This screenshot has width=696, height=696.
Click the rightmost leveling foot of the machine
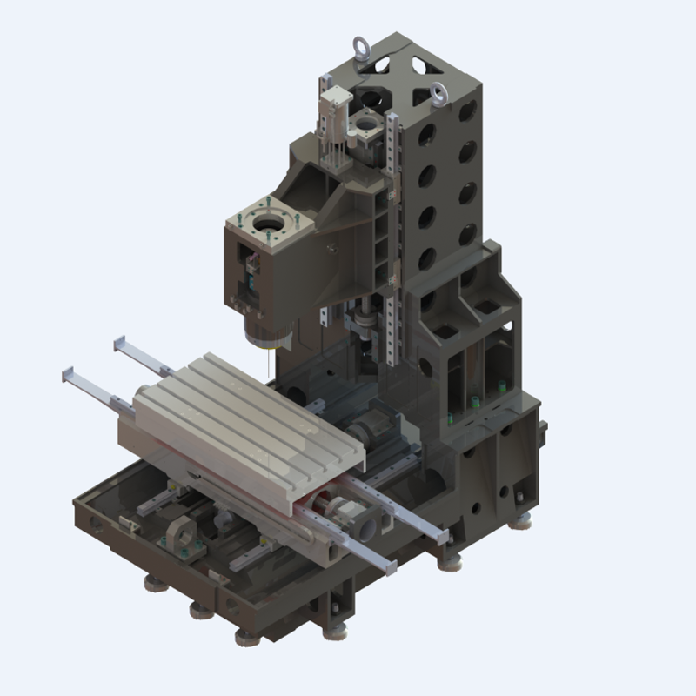pyautogui.click(x=524, y=520)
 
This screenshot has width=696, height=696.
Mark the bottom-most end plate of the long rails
pyautogui.click(x=391, y=567)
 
